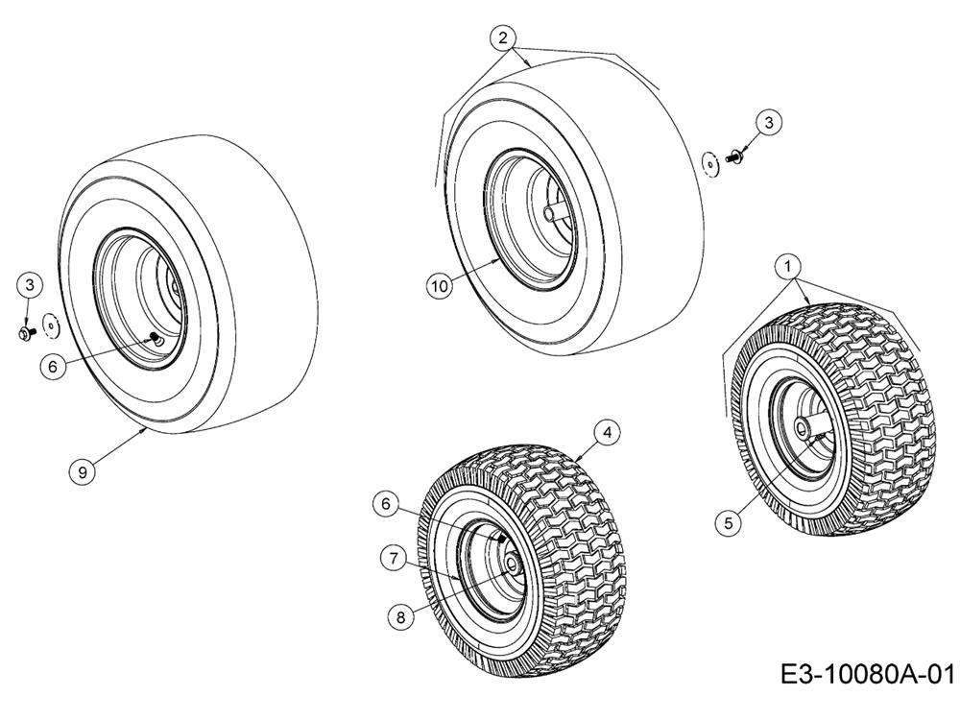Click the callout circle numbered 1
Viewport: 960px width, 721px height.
pos(788,266)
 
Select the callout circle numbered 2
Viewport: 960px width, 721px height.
pos(503,38)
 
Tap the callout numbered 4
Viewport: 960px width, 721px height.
pos(607,433)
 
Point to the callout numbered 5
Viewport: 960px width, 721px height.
pos(728,523)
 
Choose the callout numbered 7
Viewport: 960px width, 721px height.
pos(393,558)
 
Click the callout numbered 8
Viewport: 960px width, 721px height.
pos(401,617)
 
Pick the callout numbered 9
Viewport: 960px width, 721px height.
pos(82,472)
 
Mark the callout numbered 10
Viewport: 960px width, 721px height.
pos(439,286)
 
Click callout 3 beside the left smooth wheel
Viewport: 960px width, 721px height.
pos(30,284)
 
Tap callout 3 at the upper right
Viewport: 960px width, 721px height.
pos(769,123)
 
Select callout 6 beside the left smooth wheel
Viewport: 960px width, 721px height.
pos(53,367)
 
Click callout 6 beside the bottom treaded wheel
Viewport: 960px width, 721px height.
pos(386,504)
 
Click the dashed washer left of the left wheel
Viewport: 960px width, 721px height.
pos(50,325)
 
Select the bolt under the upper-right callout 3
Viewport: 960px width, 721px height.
pos(733,156)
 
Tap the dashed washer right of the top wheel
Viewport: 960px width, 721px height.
pos(710,163)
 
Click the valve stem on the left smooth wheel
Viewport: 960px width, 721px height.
pos(156,337)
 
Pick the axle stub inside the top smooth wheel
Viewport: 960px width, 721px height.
pos(554,214)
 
